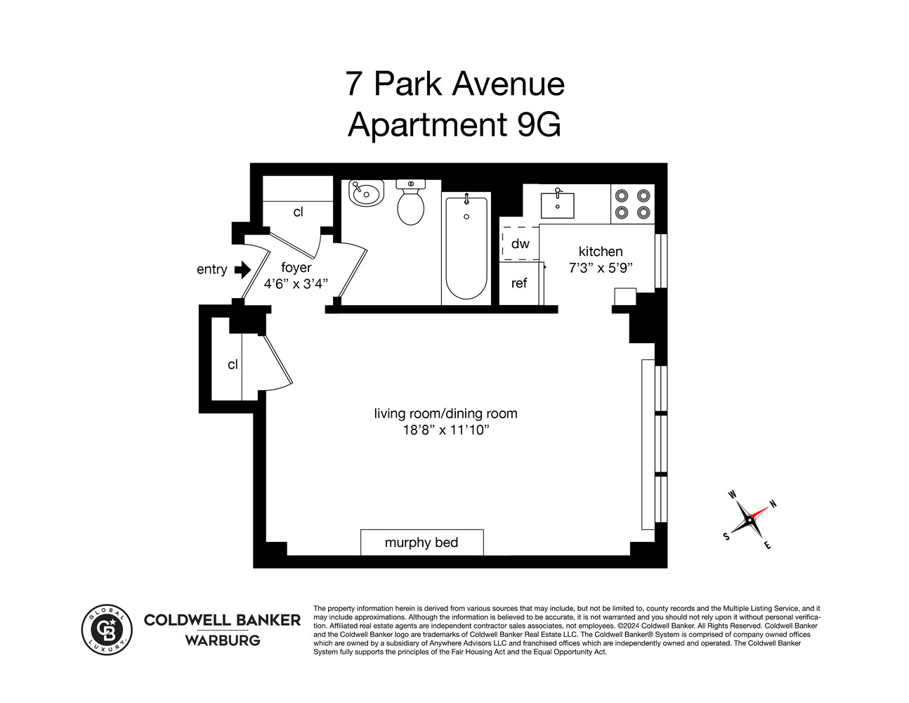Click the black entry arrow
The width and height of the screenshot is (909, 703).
242,269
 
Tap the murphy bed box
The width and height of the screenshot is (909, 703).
421,542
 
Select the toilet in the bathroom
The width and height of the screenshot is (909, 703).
410,203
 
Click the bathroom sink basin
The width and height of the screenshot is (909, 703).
366,193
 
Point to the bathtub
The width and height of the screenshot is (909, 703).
466,247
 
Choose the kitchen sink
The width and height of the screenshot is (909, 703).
557,205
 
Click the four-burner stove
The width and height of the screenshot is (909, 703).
632,204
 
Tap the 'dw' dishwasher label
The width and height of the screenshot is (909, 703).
520,244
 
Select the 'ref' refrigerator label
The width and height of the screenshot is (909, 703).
519,283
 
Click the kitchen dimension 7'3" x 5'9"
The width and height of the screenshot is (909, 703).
601,268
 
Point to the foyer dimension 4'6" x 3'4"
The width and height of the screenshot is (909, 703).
296,284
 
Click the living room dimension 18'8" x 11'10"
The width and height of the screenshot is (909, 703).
445,430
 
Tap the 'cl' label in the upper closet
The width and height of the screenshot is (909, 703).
298,212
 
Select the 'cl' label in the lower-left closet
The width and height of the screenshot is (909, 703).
233,364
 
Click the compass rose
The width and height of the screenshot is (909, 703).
749,521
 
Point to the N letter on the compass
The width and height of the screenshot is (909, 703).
773,503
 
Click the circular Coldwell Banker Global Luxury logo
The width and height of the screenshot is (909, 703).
107,629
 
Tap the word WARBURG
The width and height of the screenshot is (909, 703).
222,640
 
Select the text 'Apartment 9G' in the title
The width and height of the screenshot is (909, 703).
454,124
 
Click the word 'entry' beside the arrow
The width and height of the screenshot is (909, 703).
211,269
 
